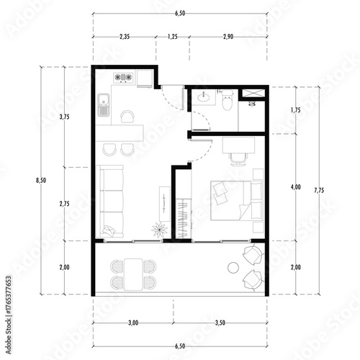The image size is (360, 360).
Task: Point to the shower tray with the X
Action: click(253, 94)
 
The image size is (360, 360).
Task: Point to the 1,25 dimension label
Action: click(173, 36)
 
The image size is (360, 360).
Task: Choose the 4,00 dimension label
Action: click(295, 187)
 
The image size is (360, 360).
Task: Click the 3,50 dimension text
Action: click(220, 323)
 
